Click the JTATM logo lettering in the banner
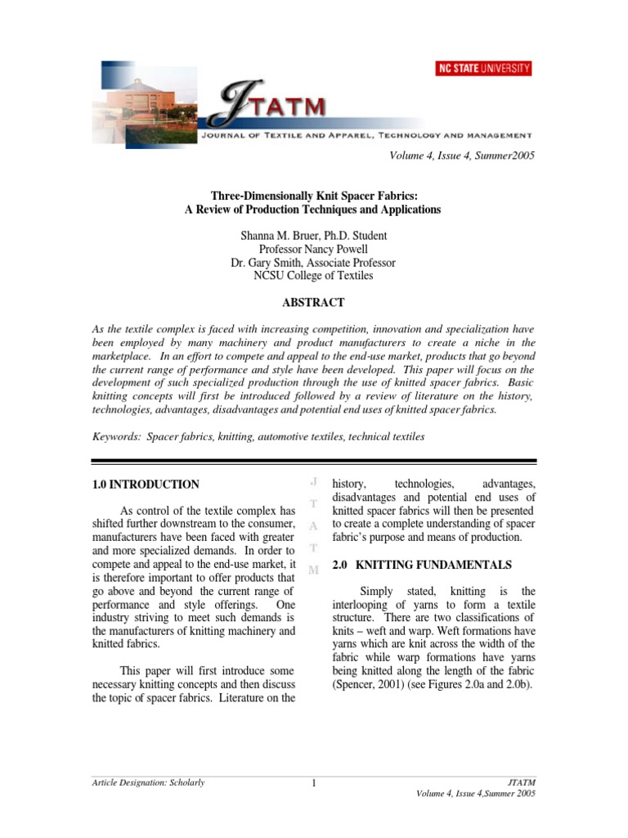tap(262, 107)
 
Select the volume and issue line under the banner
tap(462, 155)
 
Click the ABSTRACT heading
tap(313, 303)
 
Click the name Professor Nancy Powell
tap(313, 249)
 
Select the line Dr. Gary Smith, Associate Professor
tap(313, 263)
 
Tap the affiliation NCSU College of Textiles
tap(313, 277)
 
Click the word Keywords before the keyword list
tap(116, 437)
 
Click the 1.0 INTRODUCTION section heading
tap(146, 484)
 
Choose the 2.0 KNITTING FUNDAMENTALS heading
tap(422, 565)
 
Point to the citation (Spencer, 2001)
tap(370, 684)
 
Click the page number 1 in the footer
tap(313, 785)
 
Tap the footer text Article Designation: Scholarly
tap(148, 783)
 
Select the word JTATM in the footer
tap(522, 783)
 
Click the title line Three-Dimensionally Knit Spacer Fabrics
tap(313, 196)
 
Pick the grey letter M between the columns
tap(314, 570)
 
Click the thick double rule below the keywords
tap(313, 462)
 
